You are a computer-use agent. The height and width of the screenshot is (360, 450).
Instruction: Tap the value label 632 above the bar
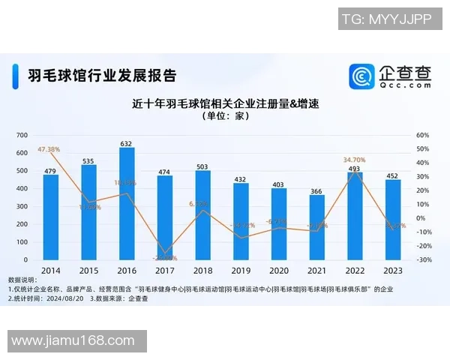tap(127, 143)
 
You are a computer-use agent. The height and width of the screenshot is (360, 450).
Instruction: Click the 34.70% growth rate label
tap(354, 160)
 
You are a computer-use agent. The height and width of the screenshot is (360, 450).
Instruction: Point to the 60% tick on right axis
tap(423, 135)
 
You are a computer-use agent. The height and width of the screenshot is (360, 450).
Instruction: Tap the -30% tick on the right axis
tap(423, 260)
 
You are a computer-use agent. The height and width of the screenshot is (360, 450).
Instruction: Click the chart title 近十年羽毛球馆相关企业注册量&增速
tap(225, 103)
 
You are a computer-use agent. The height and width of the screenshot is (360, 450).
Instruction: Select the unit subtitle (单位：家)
tap(225, 116)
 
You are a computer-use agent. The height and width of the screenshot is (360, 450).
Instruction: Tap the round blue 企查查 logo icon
tap(362, 76)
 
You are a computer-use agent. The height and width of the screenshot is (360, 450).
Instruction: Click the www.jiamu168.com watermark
tap(73, 341)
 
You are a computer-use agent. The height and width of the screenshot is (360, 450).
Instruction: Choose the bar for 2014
tap(50, 217)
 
